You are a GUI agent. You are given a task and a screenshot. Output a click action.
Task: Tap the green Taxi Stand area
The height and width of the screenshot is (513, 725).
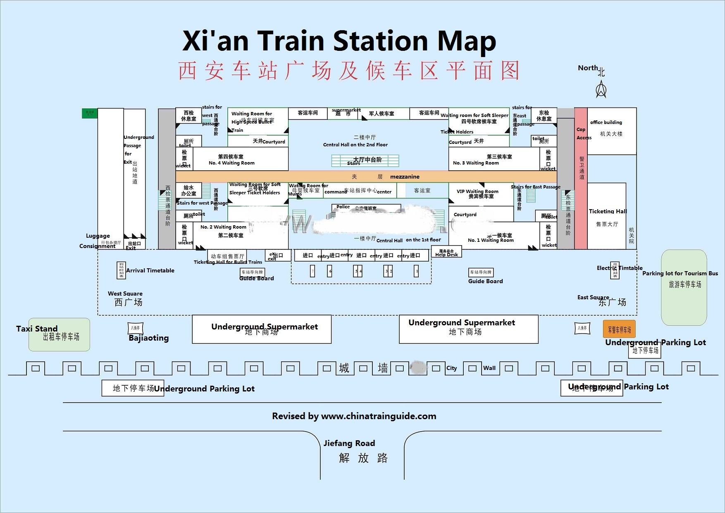pyautogui.click(x=59, y=335)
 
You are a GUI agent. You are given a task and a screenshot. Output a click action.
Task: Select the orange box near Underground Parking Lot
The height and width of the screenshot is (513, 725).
pyautogui.click(x=619, y=329)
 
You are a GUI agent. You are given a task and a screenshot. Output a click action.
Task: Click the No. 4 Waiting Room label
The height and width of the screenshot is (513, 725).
pyautogui.click(x=231, y=163)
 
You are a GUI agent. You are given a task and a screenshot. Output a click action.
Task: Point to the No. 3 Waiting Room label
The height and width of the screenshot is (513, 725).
pyautogui.click(x=476, y=163)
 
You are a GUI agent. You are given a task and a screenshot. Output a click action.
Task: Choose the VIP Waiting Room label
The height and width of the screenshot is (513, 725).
pyautogui.click(x=477, y=191)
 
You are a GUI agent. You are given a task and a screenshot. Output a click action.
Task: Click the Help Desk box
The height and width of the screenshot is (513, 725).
pyautogui.click(x=446, y=253)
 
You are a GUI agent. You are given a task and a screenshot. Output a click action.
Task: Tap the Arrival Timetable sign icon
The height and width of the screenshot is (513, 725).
pyautogui.click(x=121, y=270)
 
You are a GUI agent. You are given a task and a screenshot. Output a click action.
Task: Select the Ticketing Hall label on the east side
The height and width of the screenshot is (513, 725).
pyautogui.click(x=608, y=211)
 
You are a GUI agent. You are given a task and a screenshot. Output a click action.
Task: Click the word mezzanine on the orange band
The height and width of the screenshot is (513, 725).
pyautogui.click(x=405, y=177)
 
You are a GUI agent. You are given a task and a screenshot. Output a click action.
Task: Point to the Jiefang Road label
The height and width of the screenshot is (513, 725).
pyautogui.click(x=349, y=443)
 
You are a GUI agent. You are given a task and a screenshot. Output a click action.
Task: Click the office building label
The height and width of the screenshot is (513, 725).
pyautogui.click(x=606, y=122)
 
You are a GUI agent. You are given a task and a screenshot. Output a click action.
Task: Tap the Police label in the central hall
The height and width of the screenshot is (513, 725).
pyautogui.click(x=343, y=207)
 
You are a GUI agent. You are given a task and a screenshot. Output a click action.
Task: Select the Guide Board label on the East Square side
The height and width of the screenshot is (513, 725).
pyautogui.click(x=485, y=281)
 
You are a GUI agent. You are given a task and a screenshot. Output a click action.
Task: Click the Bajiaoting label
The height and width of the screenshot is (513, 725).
pyautogui.click(x=149, y=338)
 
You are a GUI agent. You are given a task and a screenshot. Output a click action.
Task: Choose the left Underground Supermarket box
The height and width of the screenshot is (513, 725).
pyautogui.click(x=262, y=329)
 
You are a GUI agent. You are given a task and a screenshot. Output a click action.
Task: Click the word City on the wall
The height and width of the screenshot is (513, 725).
pyautogui.click(x=451, y=368)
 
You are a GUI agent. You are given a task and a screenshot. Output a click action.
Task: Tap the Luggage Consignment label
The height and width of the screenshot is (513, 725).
pyautogui.click(x=98, y=241)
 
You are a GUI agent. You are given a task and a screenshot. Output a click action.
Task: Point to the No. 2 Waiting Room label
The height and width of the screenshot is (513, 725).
pyautogui.click(x=223, y=227)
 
